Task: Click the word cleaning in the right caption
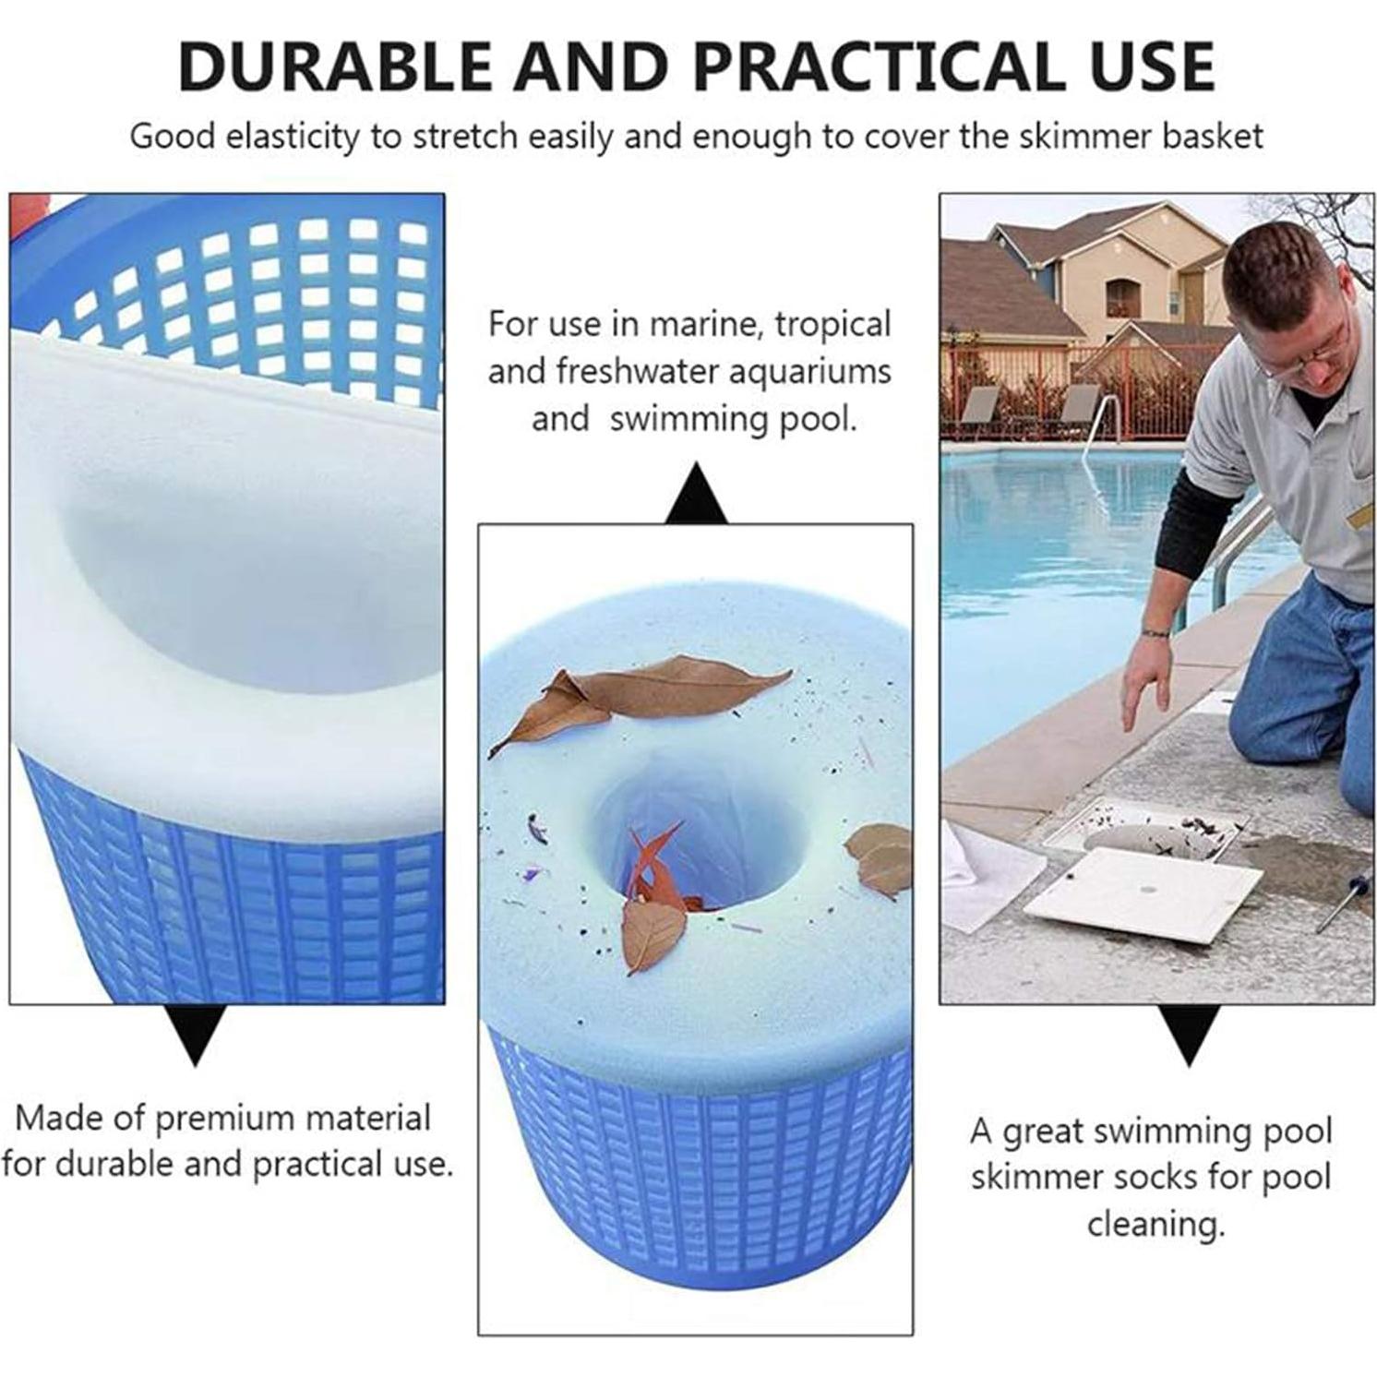(x=1155, y=1225)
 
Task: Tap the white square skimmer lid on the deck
(x=1143, y=895)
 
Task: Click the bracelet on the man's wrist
(x=1155, y=633)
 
